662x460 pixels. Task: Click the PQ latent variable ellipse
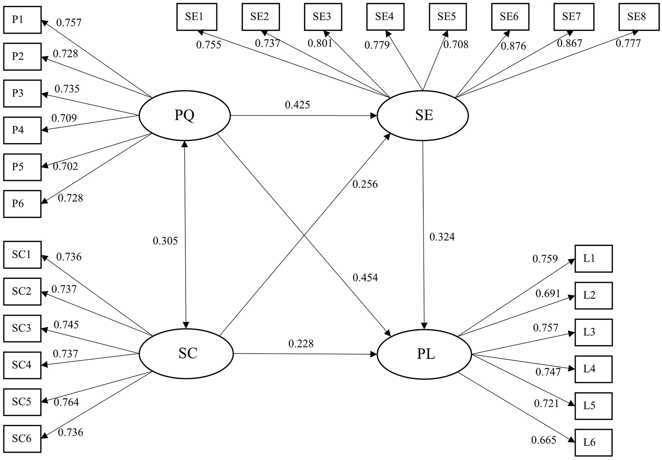point(185,116)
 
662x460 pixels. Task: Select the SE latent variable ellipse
point(423,115)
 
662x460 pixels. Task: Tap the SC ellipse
point(186,354)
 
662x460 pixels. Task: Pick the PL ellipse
point(424,354)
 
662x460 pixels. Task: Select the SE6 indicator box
point(509,17)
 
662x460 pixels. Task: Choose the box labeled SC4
point(22,365)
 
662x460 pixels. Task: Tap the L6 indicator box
point(593,443)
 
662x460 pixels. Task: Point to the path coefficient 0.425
point(297,105)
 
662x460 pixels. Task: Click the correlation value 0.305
point(165,241)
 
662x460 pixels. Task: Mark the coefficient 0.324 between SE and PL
point(442,237)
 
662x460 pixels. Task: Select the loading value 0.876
point(513,46)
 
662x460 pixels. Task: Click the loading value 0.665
point(544,440)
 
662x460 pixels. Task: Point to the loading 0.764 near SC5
point(66,402)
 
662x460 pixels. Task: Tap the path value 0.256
point(365,184)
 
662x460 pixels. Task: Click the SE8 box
point(636,17)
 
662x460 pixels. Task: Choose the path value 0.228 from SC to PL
point(301,344)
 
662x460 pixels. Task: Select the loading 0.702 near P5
point(65,166)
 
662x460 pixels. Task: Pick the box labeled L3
point(593,332)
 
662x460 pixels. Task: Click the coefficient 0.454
point(365,278)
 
